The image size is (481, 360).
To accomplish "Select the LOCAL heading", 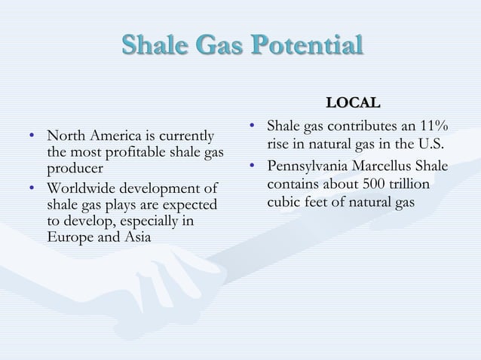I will (353, 102).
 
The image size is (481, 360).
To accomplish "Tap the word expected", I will (188, 204).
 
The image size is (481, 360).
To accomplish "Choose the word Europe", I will (69, 237).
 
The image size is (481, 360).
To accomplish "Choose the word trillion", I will (412, 185).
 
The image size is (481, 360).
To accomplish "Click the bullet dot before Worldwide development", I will (30, 188).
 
